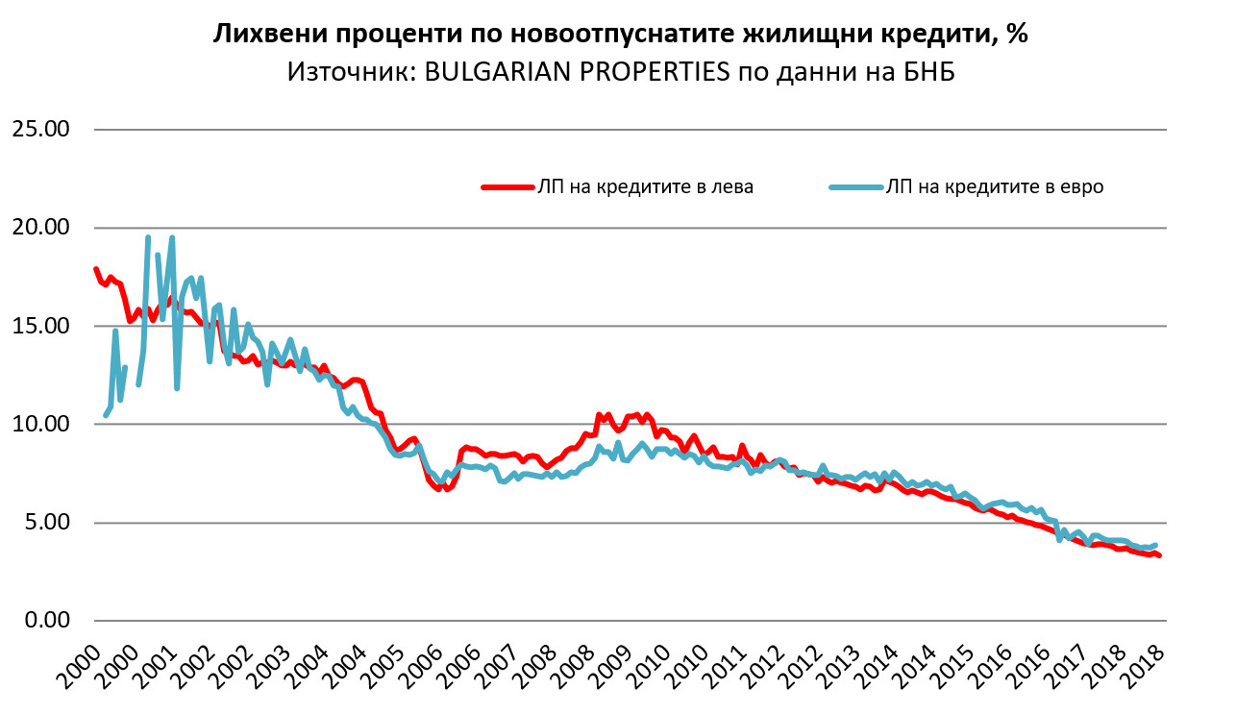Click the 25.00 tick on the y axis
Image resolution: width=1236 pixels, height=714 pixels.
(x=41, y=129)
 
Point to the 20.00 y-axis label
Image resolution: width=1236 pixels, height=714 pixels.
(x=41, y=228)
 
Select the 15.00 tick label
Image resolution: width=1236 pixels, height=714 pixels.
(x=41, y=326)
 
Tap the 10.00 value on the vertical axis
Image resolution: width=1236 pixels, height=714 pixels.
(x=41, y=425)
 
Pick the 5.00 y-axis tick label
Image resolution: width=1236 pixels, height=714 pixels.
(x=46, y=523)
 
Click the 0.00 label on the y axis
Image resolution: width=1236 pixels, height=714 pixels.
(x=46, y=621)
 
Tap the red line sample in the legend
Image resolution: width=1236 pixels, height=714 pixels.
(x=507, y=187)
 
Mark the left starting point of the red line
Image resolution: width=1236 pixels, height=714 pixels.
(x=95, y=268)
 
